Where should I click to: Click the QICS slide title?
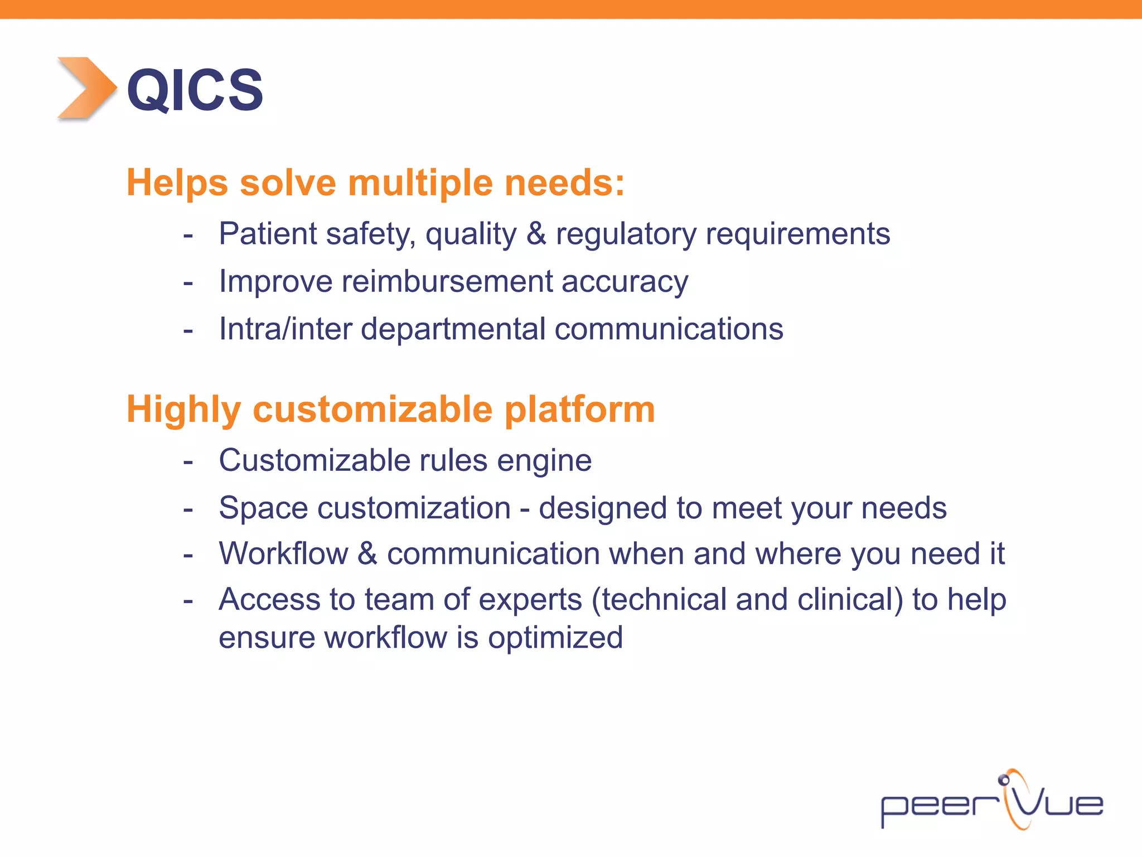(x=195, y=90)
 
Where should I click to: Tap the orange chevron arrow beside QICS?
(x=86, y=88)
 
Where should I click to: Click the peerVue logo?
(x=991, y=802)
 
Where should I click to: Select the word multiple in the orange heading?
(x=420, y=183)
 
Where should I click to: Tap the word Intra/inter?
(x=285, y=329)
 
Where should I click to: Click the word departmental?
(x=453, y=329)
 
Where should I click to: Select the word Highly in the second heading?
(x=183, y=410)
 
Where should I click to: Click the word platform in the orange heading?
(x=579, y=410)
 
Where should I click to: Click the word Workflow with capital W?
(x=283, y=554)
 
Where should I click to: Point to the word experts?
(x=530, y=600)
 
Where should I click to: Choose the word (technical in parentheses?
(x=659, y=600)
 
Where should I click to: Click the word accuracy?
(x=625, y=282)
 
